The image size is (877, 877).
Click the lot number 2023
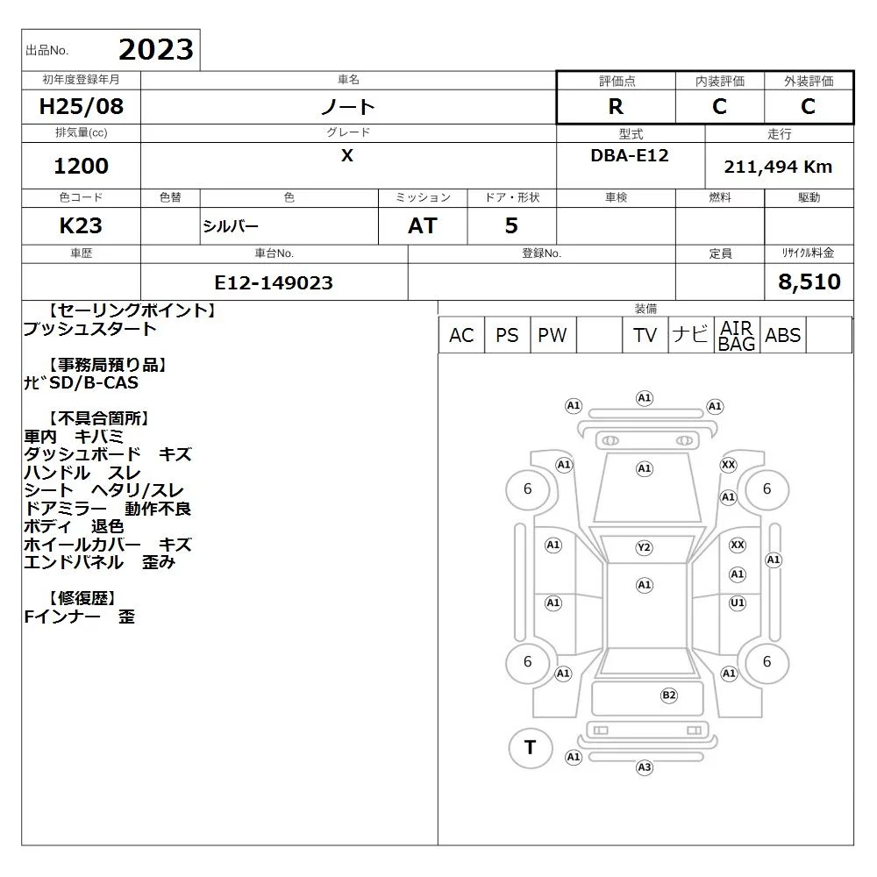[156, 50]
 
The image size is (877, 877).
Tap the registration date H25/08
[81, 106]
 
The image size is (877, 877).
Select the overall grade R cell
[616, 106]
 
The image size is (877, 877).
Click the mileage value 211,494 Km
[778, 167]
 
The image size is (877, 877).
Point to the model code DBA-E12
[630, 155]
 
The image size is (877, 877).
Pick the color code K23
[81, 225]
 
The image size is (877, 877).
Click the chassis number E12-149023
[274, 282]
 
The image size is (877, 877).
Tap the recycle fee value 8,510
[809, 282]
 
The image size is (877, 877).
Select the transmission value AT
[423, 225]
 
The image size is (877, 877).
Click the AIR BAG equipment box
[737, 335]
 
